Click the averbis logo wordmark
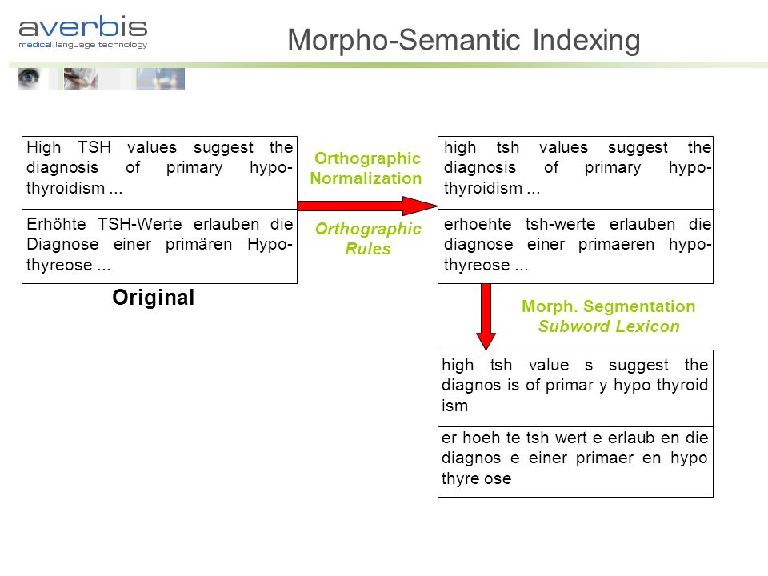coord(82,27)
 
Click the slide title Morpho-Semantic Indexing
coord(463,40)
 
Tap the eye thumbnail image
coord(29,79)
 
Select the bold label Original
coord(154,298)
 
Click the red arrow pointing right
coord(367,206)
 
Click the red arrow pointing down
coord(486,317)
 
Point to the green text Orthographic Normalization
coord(366,168)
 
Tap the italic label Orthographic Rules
coord(368,238)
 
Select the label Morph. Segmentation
coord(608,306)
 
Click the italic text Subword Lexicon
coord(609,326)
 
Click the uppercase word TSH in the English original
coord(94,147)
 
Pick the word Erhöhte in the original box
coord(56,224)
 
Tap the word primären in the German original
coord(199,245)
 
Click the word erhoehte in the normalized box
coord(478,224)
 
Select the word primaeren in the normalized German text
coord(616,245)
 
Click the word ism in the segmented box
coord(455,406)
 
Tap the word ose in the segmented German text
coord(498,478)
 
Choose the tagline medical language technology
coord(82,45)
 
